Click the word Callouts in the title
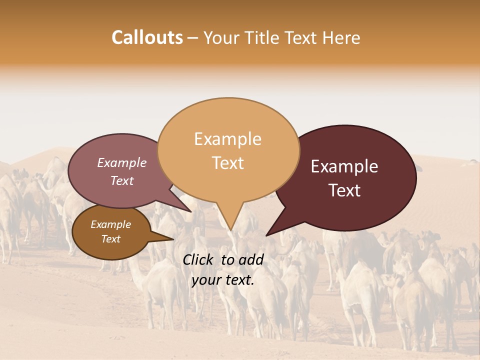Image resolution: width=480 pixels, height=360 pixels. pos(147,38)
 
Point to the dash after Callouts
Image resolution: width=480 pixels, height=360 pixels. pos(193,38)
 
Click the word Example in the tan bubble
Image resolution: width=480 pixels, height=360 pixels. pos(227,139)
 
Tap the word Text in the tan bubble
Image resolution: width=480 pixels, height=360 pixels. pos(227,163)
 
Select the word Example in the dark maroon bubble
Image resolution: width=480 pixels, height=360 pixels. pos(344,166)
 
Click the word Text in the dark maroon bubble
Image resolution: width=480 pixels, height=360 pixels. pos(344,190)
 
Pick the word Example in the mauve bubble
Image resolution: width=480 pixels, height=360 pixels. pos(121,163)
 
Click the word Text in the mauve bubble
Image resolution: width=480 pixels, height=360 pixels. pos(121,181)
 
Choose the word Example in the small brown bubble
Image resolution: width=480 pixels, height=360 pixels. pos(110,224)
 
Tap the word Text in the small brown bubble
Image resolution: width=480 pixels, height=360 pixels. pos(110,239)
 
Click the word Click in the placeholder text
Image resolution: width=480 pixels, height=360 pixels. pos(199,259)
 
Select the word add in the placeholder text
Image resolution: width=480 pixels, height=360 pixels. pos(251,259)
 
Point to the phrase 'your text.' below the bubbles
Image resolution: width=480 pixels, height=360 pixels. pos(222,280)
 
